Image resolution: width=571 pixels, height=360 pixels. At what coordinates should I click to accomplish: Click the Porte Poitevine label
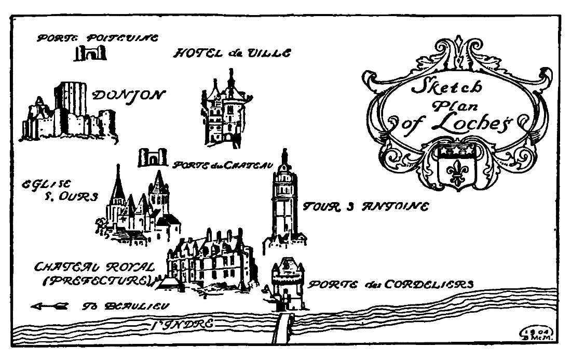click(97, 38)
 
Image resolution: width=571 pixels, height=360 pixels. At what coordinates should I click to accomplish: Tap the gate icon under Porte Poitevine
click(90, 52)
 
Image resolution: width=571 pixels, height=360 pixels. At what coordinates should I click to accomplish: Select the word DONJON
click(128, 95)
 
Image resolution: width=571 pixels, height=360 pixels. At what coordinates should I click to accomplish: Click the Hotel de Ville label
click(232, 53)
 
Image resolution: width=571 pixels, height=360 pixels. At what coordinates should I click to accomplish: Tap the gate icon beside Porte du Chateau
click(152, 158)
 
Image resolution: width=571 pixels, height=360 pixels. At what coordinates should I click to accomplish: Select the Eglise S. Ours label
click(59, 191)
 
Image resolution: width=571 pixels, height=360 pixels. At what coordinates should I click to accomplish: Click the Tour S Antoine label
click(366, 207)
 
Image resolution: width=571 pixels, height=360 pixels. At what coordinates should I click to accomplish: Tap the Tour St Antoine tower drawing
click(283, 203)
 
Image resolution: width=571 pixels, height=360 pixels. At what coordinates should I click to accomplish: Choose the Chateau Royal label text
click(94, 268)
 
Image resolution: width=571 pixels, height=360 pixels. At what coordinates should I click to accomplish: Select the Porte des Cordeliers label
click(390, 285)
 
